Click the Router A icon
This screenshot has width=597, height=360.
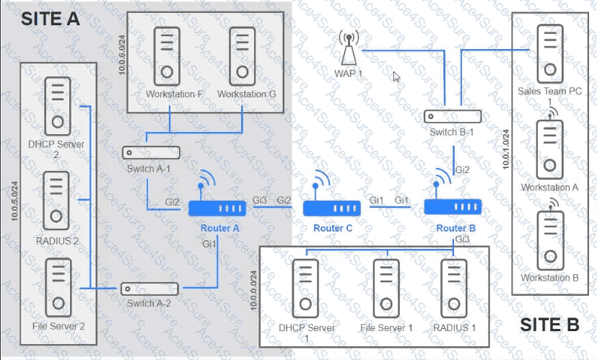[217, 208]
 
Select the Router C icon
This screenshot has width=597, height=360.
[331, 208]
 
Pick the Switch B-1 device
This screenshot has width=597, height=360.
[453, 116]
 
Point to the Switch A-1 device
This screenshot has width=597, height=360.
[151, 153]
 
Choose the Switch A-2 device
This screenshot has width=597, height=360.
[149, 288]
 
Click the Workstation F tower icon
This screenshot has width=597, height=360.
[167, 56]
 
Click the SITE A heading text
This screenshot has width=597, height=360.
[51, 19]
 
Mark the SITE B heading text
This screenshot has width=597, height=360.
[549, 325]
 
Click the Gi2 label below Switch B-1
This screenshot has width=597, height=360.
[461, 170]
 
